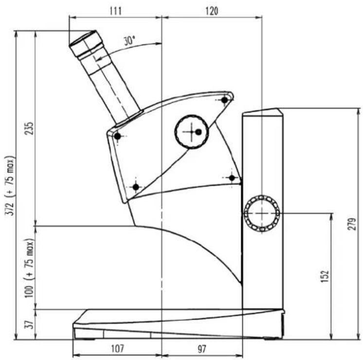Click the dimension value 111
point(115,11)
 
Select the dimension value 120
point(212,11)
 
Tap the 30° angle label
point(129,41)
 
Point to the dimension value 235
point(30,128)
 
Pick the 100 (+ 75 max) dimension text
point(30,268)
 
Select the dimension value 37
point(30,324)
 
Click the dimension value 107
point(118,348)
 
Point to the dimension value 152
point(325,276)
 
